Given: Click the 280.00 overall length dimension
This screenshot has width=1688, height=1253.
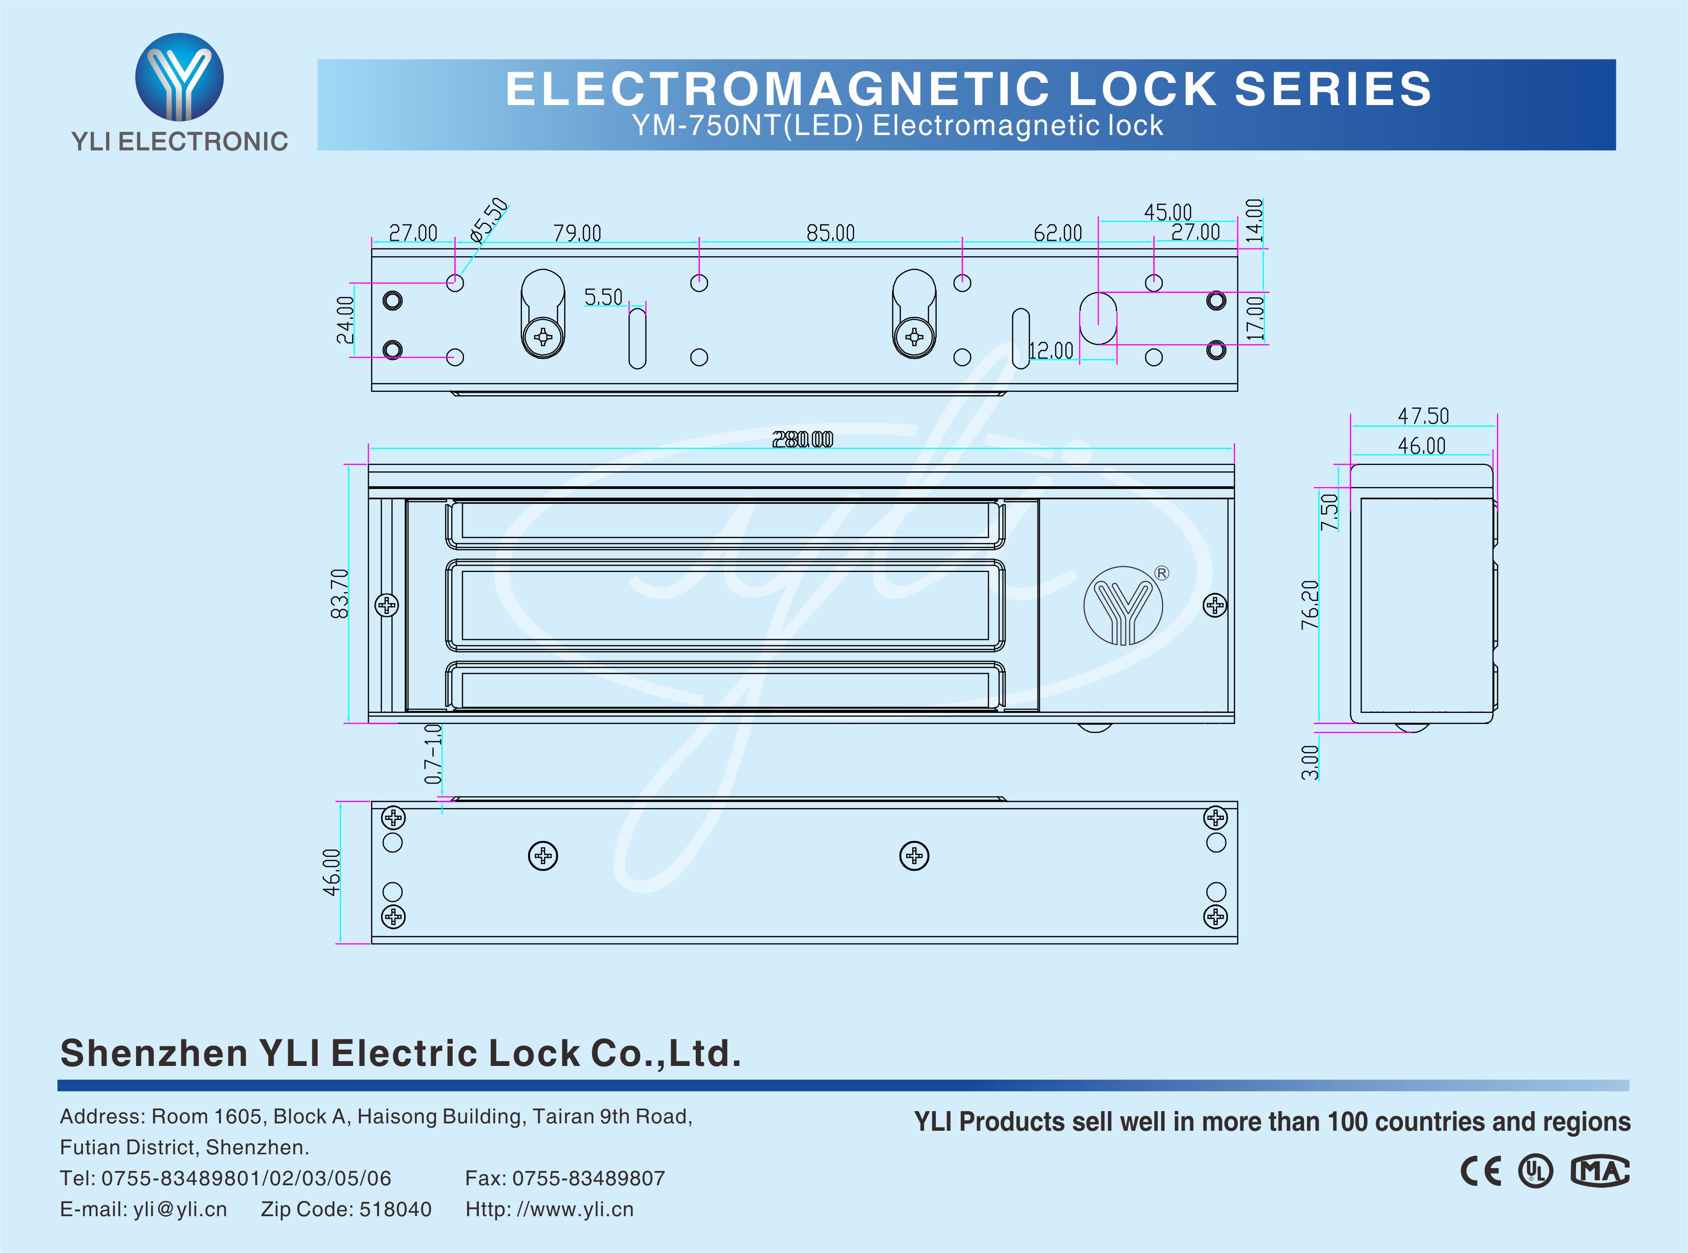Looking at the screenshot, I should coord(802,440).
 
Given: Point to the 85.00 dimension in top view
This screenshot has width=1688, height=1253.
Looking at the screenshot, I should coord(830,233).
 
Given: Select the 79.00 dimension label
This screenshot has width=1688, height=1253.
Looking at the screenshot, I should coord(577,233).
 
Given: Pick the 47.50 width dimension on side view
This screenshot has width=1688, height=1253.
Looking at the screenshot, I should coord(1422,416).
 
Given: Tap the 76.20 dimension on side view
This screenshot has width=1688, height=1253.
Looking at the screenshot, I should coord(1309,604).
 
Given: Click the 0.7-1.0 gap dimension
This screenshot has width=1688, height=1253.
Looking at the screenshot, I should coord(432,753).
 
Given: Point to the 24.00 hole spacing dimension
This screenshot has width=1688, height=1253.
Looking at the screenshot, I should coord(345,319).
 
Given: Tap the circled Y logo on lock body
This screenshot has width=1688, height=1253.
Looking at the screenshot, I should coord(1123,606).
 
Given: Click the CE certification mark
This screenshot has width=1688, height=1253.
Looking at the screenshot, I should coord(1480,1171).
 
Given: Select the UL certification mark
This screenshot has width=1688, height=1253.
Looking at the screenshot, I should coord(1535,1171).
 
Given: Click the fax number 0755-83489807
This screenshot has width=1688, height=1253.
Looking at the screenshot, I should coord(589,1178).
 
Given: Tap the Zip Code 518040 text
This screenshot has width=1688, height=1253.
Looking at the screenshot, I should coord(346,1209).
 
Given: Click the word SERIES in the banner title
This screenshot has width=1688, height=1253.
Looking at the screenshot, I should coord(1333,89).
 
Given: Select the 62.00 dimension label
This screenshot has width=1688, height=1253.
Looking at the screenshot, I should coord(1058,233).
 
